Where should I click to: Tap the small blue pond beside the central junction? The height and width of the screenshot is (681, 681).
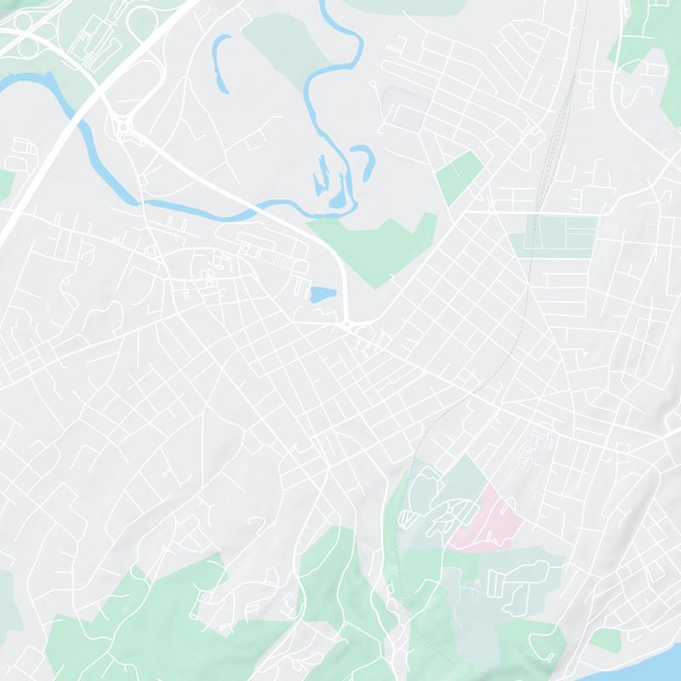323,295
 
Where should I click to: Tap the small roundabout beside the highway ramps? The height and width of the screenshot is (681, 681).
125,128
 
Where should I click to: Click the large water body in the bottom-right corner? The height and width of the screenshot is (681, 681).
664,664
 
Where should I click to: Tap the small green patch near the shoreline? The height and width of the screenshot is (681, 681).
605,639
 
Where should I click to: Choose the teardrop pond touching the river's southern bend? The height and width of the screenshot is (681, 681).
340,197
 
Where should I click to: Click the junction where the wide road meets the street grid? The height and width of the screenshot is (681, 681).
349,325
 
